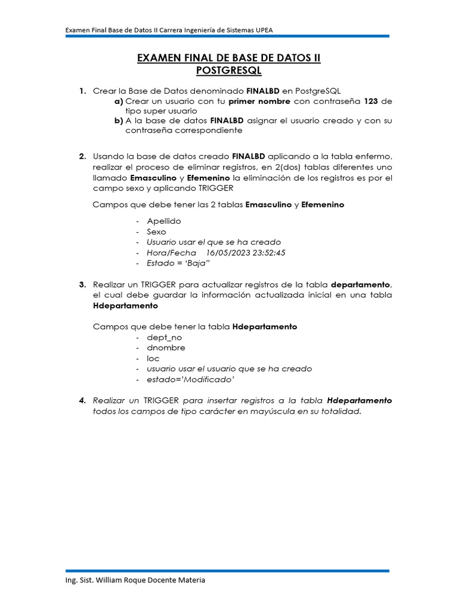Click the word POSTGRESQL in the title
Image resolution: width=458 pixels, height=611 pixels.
pyautogui.click(x=229, y=71)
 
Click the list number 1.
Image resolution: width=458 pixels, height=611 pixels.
pyautogui.click(x=82, y=91)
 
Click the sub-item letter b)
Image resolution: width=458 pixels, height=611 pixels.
pyautogui.click(x=119, y=121)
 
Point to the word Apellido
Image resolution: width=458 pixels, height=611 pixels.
pyautogui.click(x=164, y=221)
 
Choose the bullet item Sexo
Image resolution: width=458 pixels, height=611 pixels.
pyautogui.click(x=157, y=232)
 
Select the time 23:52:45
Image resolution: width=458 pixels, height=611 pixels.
pyautogui.click(x=268, y=252)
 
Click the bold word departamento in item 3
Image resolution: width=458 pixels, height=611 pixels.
pyautogui.click(x=361, y=285)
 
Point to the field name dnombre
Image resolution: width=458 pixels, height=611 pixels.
pyautogui.click(x=166, y=348)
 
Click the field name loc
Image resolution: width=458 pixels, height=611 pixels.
pyautogui.click(x=153, y=359)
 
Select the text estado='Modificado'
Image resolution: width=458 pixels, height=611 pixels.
pyautogui.click(x=190, y=379)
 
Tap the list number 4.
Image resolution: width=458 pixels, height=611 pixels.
pyautogui.click(x=82, y=400)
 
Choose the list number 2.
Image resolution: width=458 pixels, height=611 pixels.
pyautogui.click(x=82, y=156)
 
